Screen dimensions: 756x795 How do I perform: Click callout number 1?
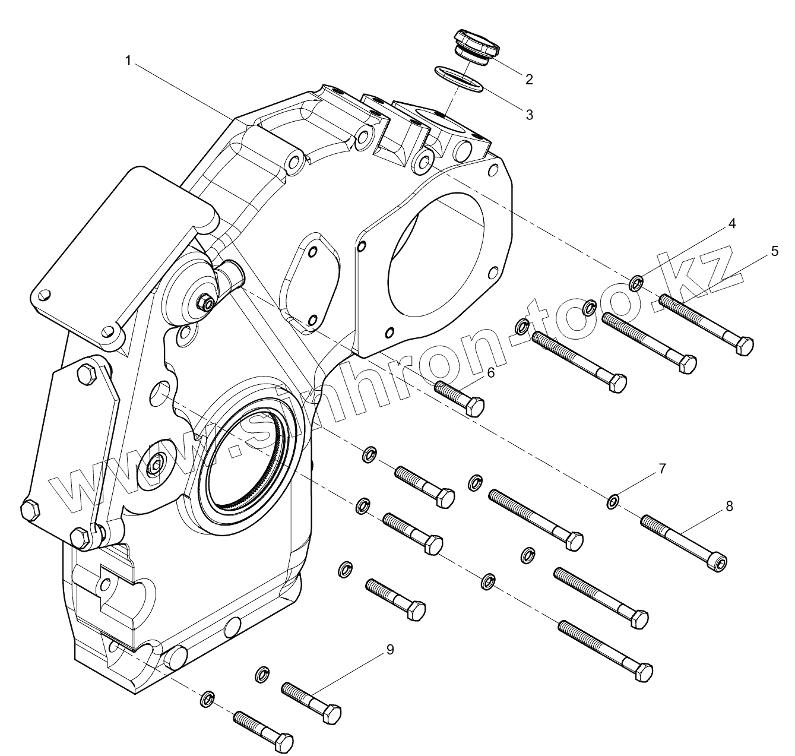pos(128,59)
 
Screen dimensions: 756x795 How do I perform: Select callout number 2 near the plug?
pos(528,79)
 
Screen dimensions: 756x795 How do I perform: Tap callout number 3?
pos(528,114)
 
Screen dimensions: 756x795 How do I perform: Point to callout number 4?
pos(732,223)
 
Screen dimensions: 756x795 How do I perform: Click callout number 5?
pos(774,251)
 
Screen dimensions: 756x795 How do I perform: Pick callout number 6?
pos(490,372)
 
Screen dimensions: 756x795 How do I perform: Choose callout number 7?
pos(662,469)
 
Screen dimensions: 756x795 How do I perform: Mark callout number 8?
pos(729,505)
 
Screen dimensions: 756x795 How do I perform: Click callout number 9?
pos(389,650)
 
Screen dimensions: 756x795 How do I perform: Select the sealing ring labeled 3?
pos(460,78)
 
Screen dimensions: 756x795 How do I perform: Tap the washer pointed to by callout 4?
pos(635,283)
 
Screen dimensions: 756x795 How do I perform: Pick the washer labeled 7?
pos(613,502)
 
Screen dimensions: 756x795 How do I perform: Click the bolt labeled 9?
pos(311,702)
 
